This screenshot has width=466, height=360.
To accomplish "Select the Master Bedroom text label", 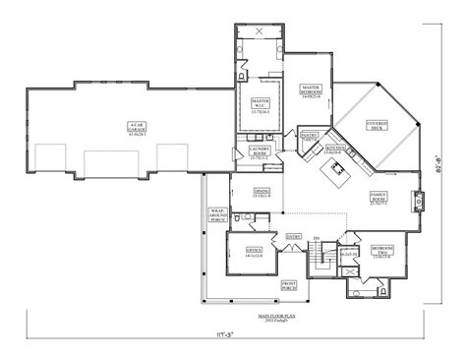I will click(313, 94).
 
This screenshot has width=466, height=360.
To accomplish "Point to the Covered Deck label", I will click(379, 126).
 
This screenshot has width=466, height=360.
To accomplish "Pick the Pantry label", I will click(309, 138).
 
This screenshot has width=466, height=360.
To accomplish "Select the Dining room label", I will click(262, 192).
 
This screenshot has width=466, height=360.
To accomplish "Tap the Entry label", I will click(293, 236).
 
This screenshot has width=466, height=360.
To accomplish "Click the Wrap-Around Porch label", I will click(219, 215).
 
